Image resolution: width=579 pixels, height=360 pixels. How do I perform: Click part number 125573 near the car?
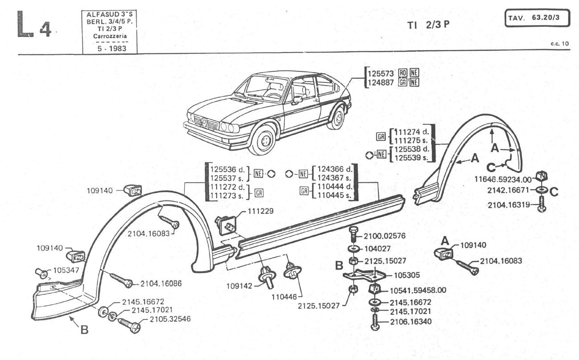pyautogui.click(x=379, y=74)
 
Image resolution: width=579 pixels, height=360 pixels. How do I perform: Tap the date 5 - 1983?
pyautogui.click(x=111, y=48)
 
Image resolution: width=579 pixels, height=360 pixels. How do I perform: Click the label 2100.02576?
pyautogui.click(x=384, y=236)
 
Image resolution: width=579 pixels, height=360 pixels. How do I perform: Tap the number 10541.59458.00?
pyautogui.click(x=418, y=290)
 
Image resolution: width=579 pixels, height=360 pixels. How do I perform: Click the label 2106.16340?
pyautogui.click(x=411, y=321)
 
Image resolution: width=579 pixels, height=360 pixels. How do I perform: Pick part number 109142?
pyautogui.click(x=238, y=286)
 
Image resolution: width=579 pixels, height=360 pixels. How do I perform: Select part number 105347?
pyautogui.click(x=64, y=270)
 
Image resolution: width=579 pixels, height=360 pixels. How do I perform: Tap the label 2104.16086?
pyautogui.click(x=161, y=283)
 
